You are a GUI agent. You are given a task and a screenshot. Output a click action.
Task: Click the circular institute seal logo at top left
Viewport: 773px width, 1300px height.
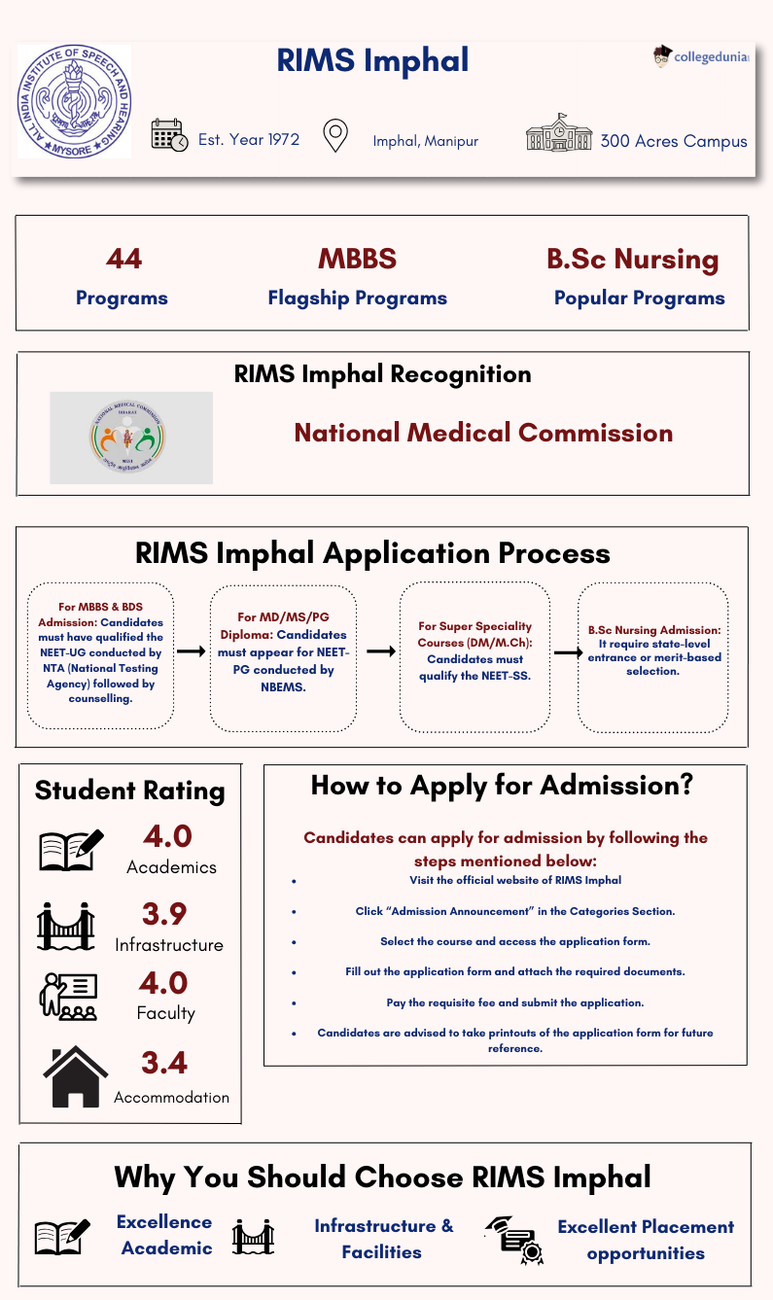(x=74, y=101)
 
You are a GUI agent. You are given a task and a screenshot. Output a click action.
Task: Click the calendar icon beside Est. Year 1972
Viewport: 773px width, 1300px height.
(x=169, y=135)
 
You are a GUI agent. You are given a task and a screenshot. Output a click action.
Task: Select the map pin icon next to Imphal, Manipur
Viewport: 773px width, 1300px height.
(x=335, y=136)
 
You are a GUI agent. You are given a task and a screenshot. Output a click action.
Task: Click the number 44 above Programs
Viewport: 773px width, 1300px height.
(x=123, y=259)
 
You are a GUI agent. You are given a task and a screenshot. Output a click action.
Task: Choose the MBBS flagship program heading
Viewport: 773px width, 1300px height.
(x=357, y=259)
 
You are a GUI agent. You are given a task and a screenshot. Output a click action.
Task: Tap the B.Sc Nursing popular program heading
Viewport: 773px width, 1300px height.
(x=632, y=260)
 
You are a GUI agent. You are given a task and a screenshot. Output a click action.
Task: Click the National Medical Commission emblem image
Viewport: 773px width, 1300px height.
(x=131, y=438)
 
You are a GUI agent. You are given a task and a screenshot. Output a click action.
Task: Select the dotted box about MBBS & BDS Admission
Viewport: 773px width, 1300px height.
(x=100, y=656)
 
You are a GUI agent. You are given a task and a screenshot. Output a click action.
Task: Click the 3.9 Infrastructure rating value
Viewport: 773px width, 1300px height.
(x=163, y=914)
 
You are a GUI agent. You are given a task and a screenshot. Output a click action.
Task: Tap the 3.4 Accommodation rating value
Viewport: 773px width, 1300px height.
(x=163, y=1063)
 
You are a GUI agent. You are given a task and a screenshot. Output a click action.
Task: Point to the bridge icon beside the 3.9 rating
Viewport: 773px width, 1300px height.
(x=66, y=926)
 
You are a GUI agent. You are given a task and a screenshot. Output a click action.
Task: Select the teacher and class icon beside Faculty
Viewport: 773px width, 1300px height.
(x=67, y=997)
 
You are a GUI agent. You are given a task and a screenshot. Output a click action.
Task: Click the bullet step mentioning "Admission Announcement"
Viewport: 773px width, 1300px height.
(x=514, y=911)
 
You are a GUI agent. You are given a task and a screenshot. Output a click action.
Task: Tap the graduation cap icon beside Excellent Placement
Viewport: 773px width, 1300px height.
(x=512, y=1239)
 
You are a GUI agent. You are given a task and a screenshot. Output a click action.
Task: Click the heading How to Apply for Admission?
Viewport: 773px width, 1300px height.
(x=502, y=786)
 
